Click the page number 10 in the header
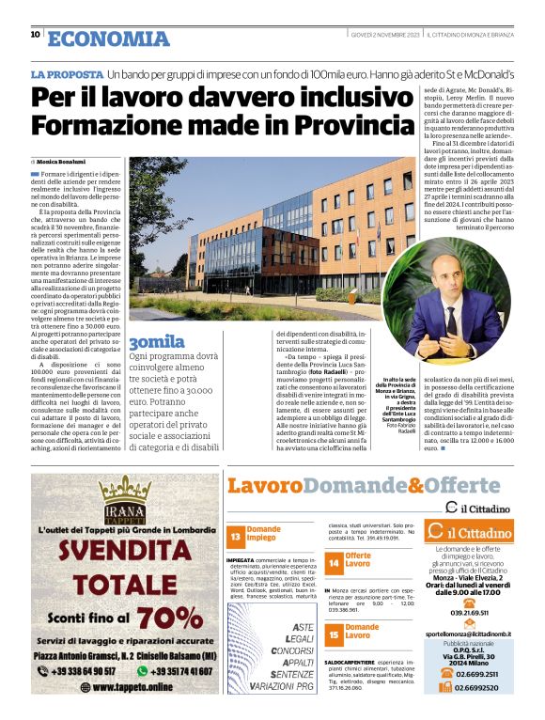35,36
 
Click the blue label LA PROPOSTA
66,73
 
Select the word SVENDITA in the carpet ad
125,553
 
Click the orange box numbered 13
236,536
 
